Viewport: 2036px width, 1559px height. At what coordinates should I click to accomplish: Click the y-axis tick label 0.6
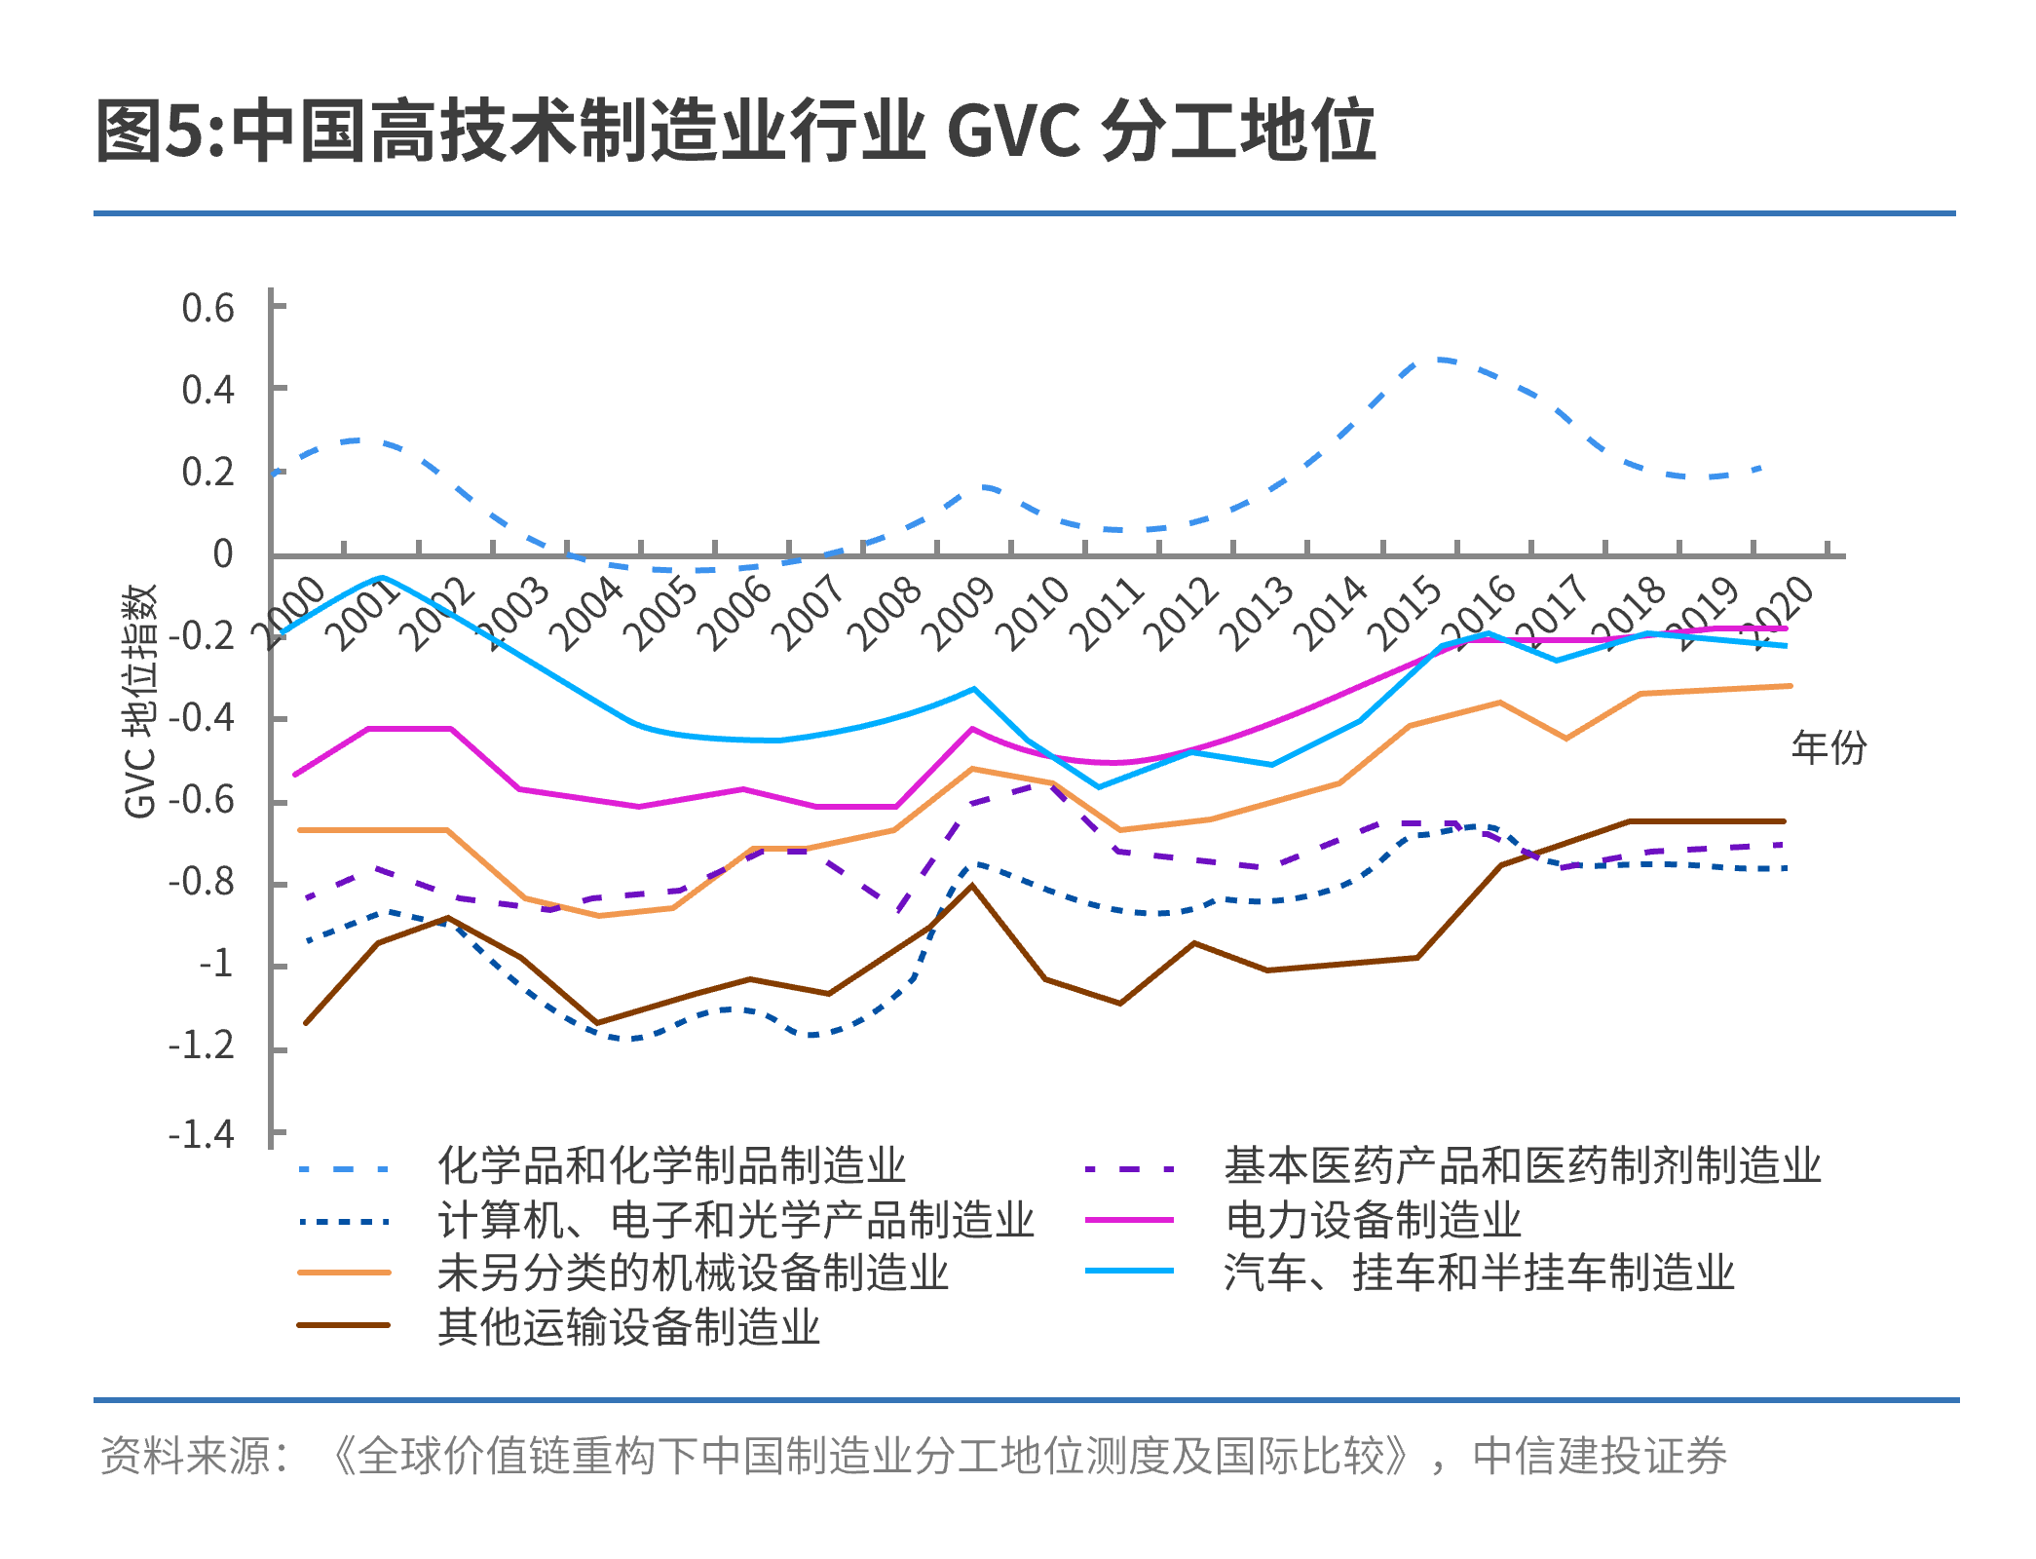[208, 308]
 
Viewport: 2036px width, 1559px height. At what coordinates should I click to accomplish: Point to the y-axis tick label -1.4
[201, 1134]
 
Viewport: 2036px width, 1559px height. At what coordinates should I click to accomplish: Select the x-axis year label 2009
[959, 613]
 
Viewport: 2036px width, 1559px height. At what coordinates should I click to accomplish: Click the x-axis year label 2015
[1404, 613]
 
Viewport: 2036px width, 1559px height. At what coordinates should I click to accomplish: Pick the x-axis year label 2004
[587, 613]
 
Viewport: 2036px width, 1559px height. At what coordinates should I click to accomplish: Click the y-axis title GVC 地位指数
[140, 702]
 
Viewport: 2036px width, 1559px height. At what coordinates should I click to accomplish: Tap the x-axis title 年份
[1829, 747]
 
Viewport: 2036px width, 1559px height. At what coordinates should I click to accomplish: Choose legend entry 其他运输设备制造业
[629, 1327]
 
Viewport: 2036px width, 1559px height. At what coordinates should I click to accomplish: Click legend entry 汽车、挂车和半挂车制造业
[1480, 1273]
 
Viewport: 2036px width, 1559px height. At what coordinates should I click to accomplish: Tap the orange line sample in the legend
[344, 1273]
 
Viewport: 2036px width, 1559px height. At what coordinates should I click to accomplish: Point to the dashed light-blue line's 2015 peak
[1437, 359]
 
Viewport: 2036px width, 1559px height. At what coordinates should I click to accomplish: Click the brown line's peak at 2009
[971, 885]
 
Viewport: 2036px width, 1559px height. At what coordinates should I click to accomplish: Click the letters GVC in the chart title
[1013, 131]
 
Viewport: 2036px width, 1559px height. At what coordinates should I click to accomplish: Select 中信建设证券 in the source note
[1600, 1456]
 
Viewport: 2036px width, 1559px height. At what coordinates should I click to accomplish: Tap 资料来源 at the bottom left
[186, 1456]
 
